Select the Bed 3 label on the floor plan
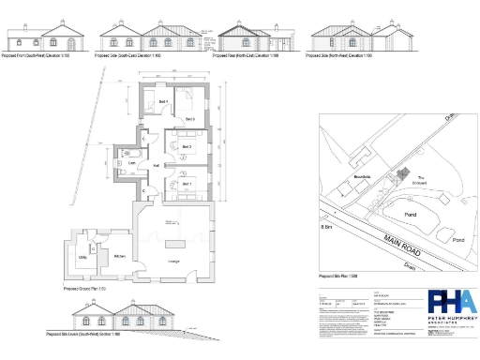[x=188, y=120]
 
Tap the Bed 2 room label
[x=187, y=147]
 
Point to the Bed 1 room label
[x=187, y=184]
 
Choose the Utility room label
[x=82, y=256]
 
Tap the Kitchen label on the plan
[x=120, y=256]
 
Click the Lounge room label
[x=172, y=260]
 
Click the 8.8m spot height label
[x=327, y=228]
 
